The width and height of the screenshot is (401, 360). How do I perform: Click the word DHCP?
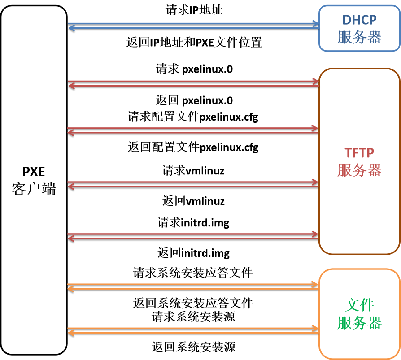click(359, 20)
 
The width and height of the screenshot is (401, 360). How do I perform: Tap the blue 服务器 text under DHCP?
click(359, 37)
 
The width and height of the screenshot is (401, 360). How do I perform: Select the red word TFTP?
click(359, 153)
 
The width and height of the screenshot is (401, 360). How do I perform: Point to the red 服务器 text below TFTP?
click(359, 170)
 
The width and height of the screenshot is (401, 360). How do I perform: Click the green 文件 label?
click(359, 305)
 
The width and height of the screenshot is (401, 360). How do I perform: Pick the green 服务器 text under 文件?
click(359, 323)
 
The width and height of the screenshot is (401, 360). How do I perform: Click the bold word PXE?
click(34, 172)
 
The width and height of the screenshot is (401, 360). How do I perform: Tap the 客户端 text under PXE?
click(34, 189)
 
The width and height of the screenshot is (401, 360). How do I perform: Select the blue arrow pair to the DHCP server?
click(193, 26)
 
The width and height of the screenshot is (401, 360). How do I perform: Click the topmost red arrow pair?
click(193, 83)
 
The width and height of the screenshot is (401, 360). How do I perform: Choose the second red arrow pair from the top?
click(193, 130)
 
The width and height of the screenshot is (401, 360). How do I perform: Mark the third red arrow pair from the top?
click(193, 184)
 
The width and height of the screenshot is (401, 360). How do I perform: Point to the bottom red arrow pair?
click(193, 236)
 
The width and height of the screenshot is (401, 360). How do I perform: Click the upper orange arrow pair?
click(193, 286)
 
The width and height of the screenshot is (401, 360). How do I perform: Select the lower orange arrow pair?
click(193, 331)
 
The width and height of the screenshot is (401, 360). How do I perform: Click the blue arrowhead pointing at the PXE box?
click(70, 28)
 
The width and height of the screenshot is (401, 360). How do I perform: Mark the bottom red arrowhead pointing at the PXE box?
click(70, 238)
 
